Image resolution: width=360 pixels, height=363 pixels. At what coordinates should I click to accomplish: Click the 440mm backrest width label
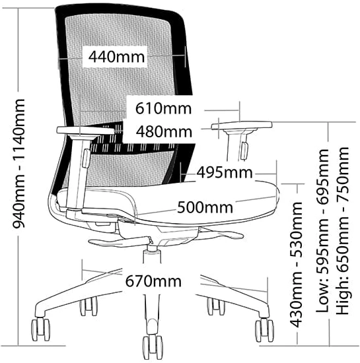(x=116, y=57)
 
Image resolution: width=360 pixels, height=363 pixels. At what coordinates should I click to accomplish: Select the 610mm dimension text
(x=163, y=108)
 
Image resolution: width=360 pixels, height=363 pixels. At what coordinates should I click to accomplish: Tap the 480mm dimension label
(x=164, y=131)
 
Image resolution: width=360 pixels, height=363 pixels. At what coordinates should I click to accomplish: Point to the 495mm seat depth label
(x=224, y=172)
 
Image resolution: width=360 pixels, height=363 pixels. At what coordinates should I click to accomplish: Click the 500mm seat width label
(x=205, y=207)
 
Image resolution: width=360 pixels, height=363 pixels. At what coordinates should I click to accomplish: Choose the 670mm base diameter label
(x=153, y=281)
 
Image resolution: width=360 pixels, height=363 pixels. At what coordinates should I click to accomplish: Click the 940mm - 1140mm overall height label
(x=18, y=164)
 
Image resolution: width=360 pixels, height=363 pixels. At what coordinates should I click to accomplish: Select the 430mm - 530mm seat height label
(x=297, y=265)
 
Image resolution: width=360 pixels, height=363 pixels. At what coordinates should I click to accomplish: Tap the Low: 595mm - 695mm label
(x=322, y=231)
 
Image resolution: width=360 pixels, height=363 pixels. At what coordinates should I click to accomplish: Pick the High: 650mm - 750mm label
(x=343, y=231)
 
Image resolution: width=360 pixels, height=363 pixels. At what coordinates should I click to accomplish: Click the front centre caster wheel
(x=153, y=347)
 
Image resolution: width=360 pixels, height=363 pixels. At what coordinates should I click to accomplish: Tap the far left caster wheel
(x=40, y=329)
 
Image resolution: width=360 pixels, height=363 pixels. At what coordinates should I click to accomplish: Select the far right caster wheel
(x=264, y=330)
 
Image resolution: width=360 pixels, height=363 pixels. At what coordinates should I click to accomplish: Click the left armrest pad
(x=85, y=131)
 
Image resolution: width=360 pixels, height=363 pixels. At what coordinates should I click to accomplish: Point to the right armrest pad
(x=242, y=125)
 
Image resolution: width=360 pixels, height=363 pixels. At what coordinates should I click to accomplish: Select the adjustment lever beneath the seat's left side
(x=120, y=242)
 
